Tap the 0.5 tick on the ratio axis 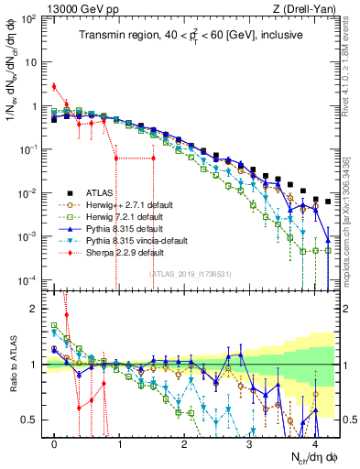[x=35, y=420]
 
